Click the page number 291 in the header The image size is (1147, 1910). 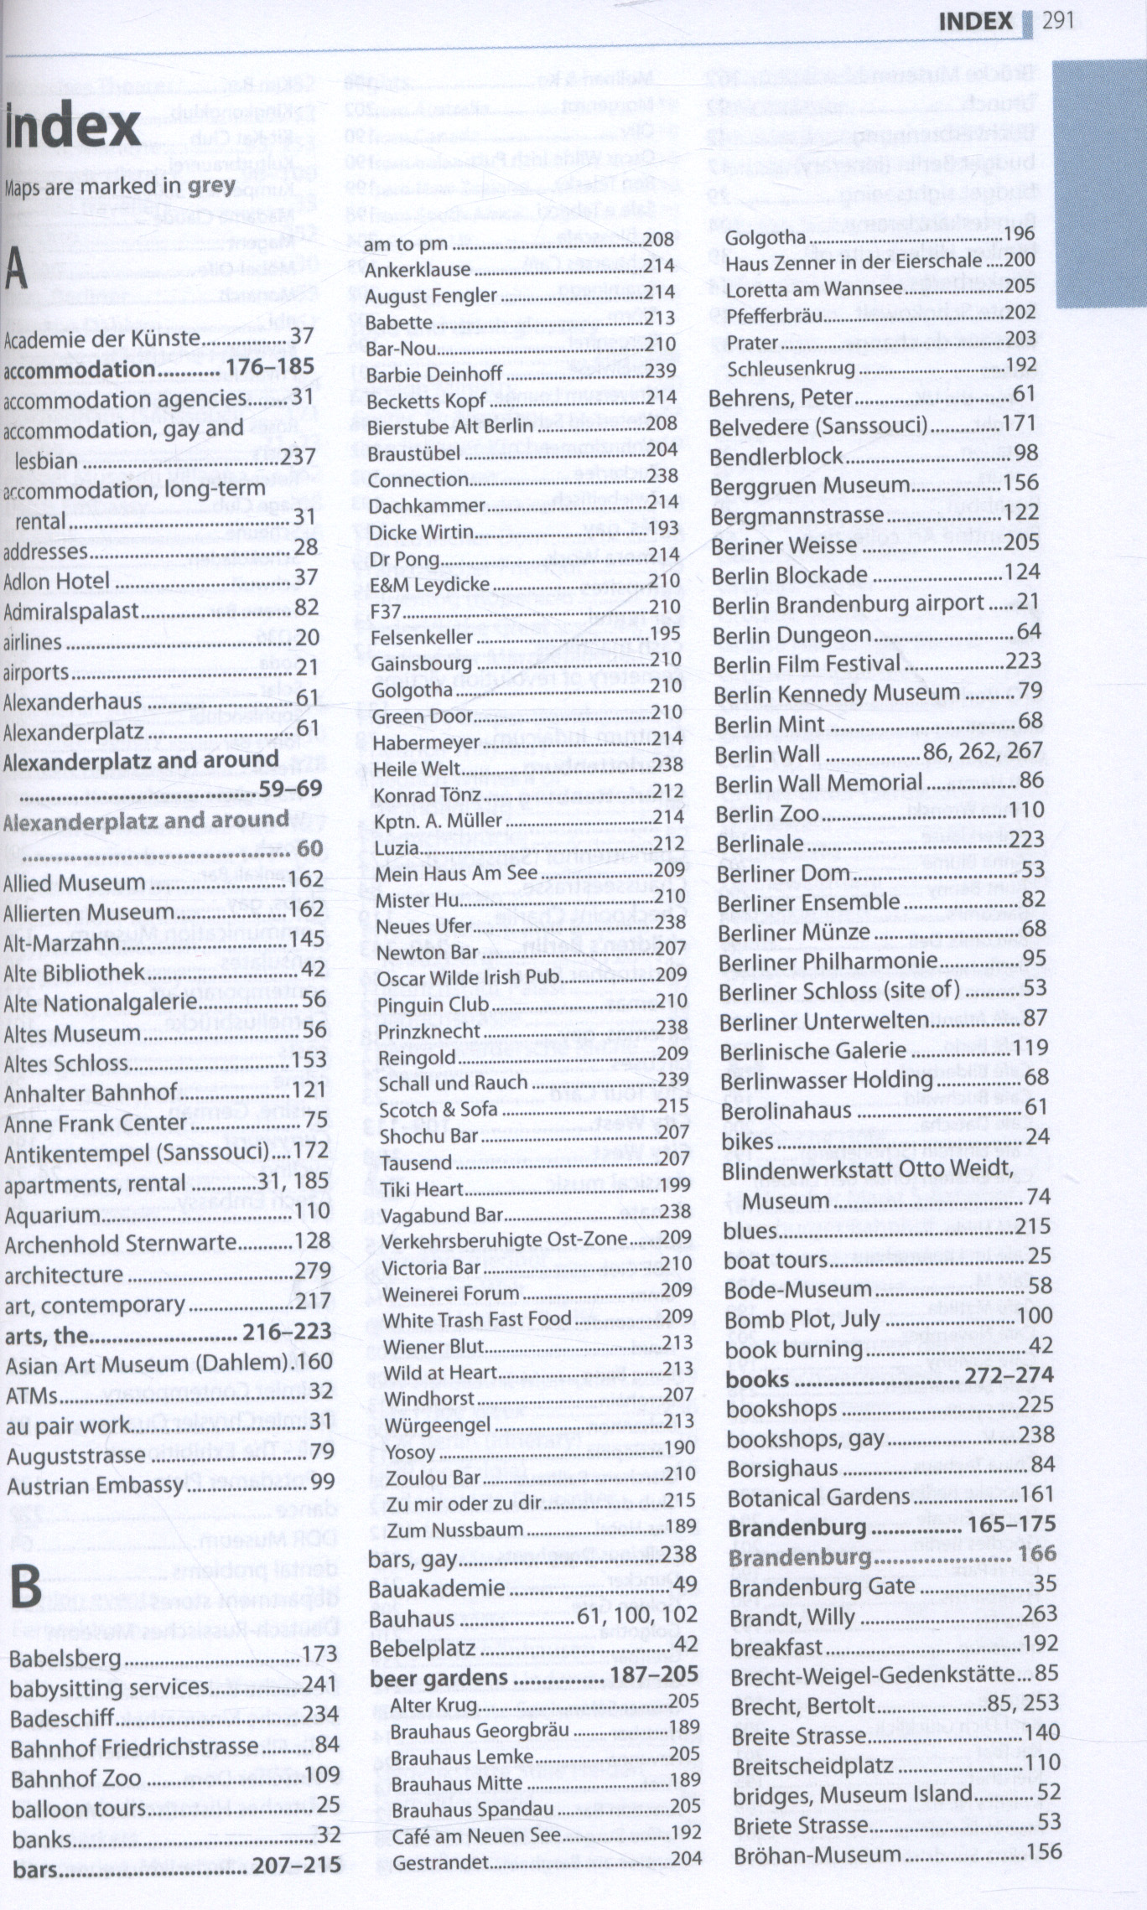pyautogui.click(x=1058, y=22)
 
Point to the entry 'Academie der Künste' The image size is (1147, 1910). pyautogui.click(x=102, y=339)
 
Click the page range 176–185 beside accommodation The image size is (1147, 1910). pyautogui.click(x=270, y=367)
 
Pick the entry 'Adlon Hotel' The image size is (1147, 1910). pyautogui.click(x=57, y=581)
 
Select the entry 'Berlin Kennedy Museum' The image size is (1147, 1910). pyautogui.click(x=837, y=694)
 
